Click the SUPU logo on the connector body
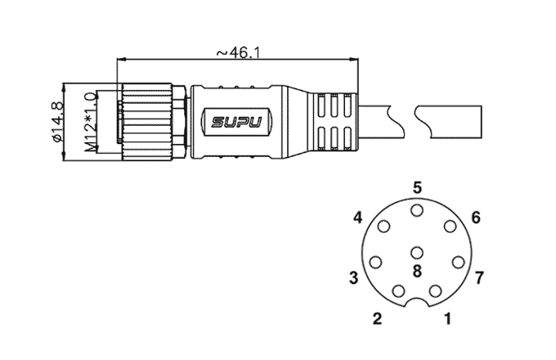(x=236, y=123)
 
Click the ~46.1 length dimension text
(x=238, y=53)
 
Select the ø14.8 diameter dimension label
(x=57, y=122)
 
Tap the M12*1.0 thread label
(x=90, y=123)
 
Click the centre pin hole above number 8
(x=417, y=254)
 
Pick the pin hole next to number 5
(x=417, y=210)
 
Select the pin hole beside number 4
(x=384, y=227)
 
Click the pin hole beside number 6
(x=450, y=227)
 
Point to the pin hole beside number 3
(x=375, y=263)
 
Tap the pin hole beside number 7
(x=459, y=263)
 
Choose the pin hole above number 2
(x=399, y=291)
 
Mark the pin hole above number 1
(x=435, y=291)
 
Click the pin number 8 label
(x=417, y=272)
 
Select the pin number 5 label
(x=417, y=187)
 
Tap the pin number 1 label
(x=448, y=318)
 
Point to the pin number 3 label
(x=353, y=277)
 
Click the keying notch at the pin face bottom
(x=417, y=300)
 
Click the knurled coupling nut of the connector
(x=147, y=122)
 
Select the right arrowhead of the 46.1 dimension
(x=354, y=59)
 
